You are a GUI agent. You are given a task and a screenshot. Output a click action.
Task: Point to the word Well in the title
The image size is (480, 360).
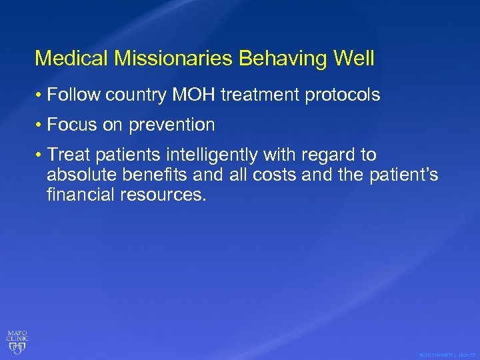[x=354, y=58]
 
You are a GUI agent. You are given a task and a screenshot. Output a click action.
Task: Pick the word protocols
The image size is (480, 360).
[x=343, y=96]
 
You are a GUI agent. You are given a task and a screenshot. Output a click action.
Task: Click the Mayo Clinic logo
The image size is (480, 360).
[x=17, y=340]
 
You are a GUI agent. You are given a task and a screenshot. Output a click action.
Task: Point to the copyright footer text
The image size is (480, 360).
[x=447, y=355]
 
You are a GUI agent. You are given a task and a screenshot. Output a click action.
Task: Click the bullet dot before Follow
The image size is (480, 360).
[x=40, y=96]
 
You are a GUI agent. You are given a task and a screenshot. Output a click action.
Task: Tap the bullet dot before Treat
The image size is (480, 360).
[x=40, y=155]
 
